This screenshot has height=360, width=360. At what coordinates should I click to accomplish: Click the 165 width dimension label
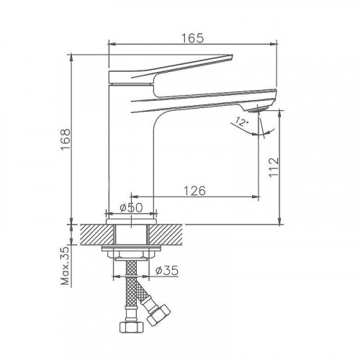coord(192,38)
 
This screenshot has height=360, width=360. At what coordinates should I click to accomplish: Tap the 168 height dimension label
coord(66,140)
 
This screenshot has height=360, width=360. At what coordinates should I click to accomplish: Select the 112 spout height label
coord(274,167)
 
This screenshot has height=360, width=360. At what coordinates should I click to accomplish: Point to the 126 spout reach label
coord(194,191)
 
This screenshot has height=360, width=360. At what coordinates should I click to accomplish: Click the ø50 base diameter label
coord(131,207)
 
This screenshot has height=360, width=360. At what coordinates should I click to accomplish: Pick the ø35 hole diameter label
coord(166,271)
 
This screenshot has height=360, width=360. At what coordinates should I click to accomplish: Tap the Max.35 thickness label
coord(65,266)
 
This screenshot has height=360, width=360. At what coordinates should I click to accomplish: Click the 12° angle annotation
coord(241,122)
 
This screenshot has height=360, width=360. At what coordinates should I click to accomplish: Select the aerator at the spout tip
coord(257,109)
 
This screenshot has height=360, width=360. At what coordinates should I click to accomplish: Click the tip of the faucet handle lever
coord(232,56)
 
